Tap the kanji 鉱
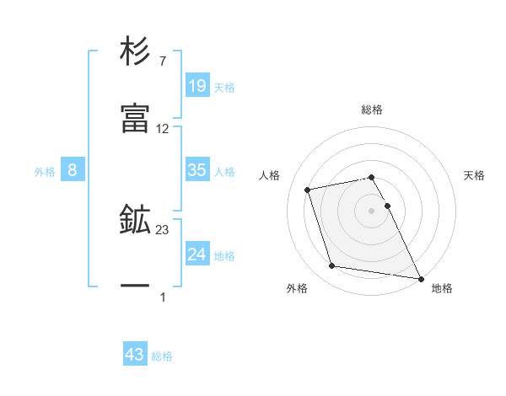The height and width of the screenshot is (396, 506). click(x=135, y=221)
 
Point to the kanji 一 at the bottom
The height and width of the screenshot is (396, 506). click(x=135, y=287)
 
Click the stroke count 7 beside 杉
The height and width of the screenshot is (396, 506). click(x=162, y=61)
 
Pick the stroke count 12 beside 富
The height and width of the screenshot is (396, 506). click(x=163, y=129)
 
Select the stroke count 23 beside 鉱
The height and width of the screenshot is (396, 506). click(x=163, y=229)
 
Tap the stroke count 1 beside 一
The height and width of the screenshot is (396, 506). click(x=163, y=297)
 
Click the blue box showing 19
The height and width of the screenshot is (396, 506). click(x=196, y=85)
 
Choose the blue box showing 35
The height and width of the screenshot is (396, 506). click(x=196, y=170)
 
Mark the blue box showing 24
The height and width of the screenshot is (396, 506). click(x=196, y=254)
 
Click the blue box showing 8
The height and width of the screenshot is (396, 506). click(x=73, y=170)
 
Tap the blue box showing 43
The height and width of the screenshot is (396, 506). click(x=135, y=355)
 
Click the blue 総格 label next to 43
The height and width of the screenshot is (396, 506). click(x=162, y=356)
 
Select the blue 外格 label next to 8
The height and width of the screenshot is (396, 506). click(x=45, y=172)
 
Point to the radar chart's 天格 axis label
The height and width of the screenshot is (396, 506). click(x=474, y=175)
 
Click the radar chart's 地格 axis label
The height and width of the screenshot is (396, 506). click(x=442, y=289)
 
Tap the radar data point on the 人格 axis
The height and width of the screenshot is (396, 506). click(x=308, y=189)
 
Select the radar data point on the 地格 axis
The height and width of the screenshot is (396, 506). click(x=419, y=277)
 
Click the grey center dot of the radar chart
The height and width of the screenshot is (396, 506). click(x=372, y=210)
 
